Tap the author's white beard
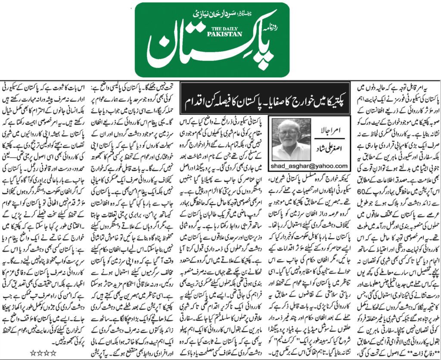(294, 149)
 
